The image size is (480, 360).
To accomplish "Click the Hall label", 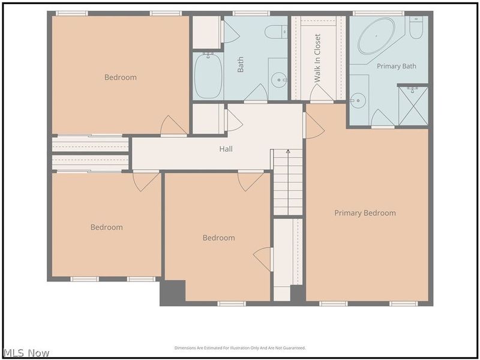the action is (x=226, y=149).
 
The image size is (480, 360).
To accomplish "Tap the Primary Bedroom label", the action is (x=365, y=213).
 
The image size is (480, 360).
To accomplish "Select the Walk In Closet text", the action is (x=317, y=58).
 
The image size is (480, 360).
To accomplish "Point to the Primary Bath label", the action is (x=397, y=66).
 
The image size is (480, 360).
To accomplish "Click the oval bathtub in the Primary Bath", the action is (x=377, y=36).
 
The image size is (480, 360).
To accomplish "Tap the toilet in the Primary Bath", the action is (x=416, y=28).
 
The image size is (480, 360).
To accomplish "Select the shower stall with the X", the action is (x=413, y=106).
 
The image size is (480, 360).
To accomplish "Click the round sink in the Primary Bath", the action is (x=358, y=100).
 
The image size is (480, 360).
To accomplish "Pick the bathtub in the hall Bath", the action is (x=208, y=76).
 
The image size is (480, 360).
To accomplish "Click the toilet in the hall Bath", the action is (x=276, y=32).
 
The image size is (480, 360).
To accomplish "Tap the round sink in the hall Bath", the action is (x=279, y=80).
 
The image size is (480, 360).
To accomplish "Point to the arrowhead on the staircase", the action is (x=288, y=151).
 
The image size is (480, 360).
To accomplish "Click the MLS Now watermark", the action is (x=26, y=353).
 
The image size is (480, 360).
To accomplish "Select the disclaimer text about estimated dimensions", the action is (x=240, y=348).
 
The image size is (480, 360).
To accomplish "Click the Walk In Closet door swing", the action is (x=321, y=93).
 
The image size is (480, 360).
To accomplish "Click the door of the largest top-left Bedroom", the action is (x=173, y=125).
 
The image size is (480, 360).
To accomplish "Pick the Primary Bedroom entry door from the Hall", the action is (x=313, y=125).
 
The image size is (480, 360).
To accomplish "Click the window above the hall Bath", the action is (x=251, y=13).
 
